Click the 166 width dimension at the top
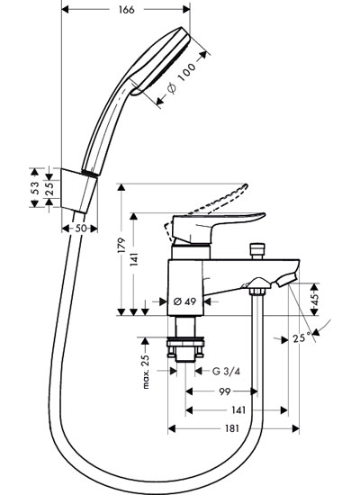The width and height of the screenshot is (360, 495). pos(126,10)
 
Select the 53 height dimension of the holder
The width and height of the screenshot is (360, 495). pos(35,187)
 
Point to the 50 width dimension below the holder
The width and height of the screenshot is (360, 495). pos(80,229)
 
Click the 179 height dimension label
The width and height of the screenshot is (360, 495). pos(121,245)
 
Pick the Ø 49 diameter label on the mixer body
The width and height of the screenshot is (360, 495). pos(185,301)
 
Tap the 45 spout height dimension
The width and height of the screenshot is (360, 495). pos(315,299)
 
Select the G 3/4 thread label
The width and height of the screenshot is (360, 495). pos(226,371)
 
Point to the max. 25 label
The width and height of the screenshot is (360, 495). pos(145,372)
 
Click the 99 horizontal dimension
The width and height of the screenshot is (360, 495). pos(224,391)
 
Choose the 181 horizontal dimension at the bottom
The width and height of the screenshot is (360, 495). pos(232,428)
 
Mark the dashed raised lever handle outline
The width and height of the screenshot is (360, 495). pos(205,210)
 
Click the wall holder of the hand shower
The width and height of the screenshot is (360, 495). pos(79,191)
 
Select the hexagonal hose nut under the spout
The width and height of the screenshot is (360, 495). pos(257,291)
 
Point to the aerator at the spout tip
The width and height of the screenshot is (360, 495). pos(287,280)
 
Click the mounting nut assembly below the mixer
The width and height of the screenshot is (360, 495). pos(185,349)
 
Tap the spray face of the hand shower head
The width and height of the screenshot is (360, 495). pos(163,61)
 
